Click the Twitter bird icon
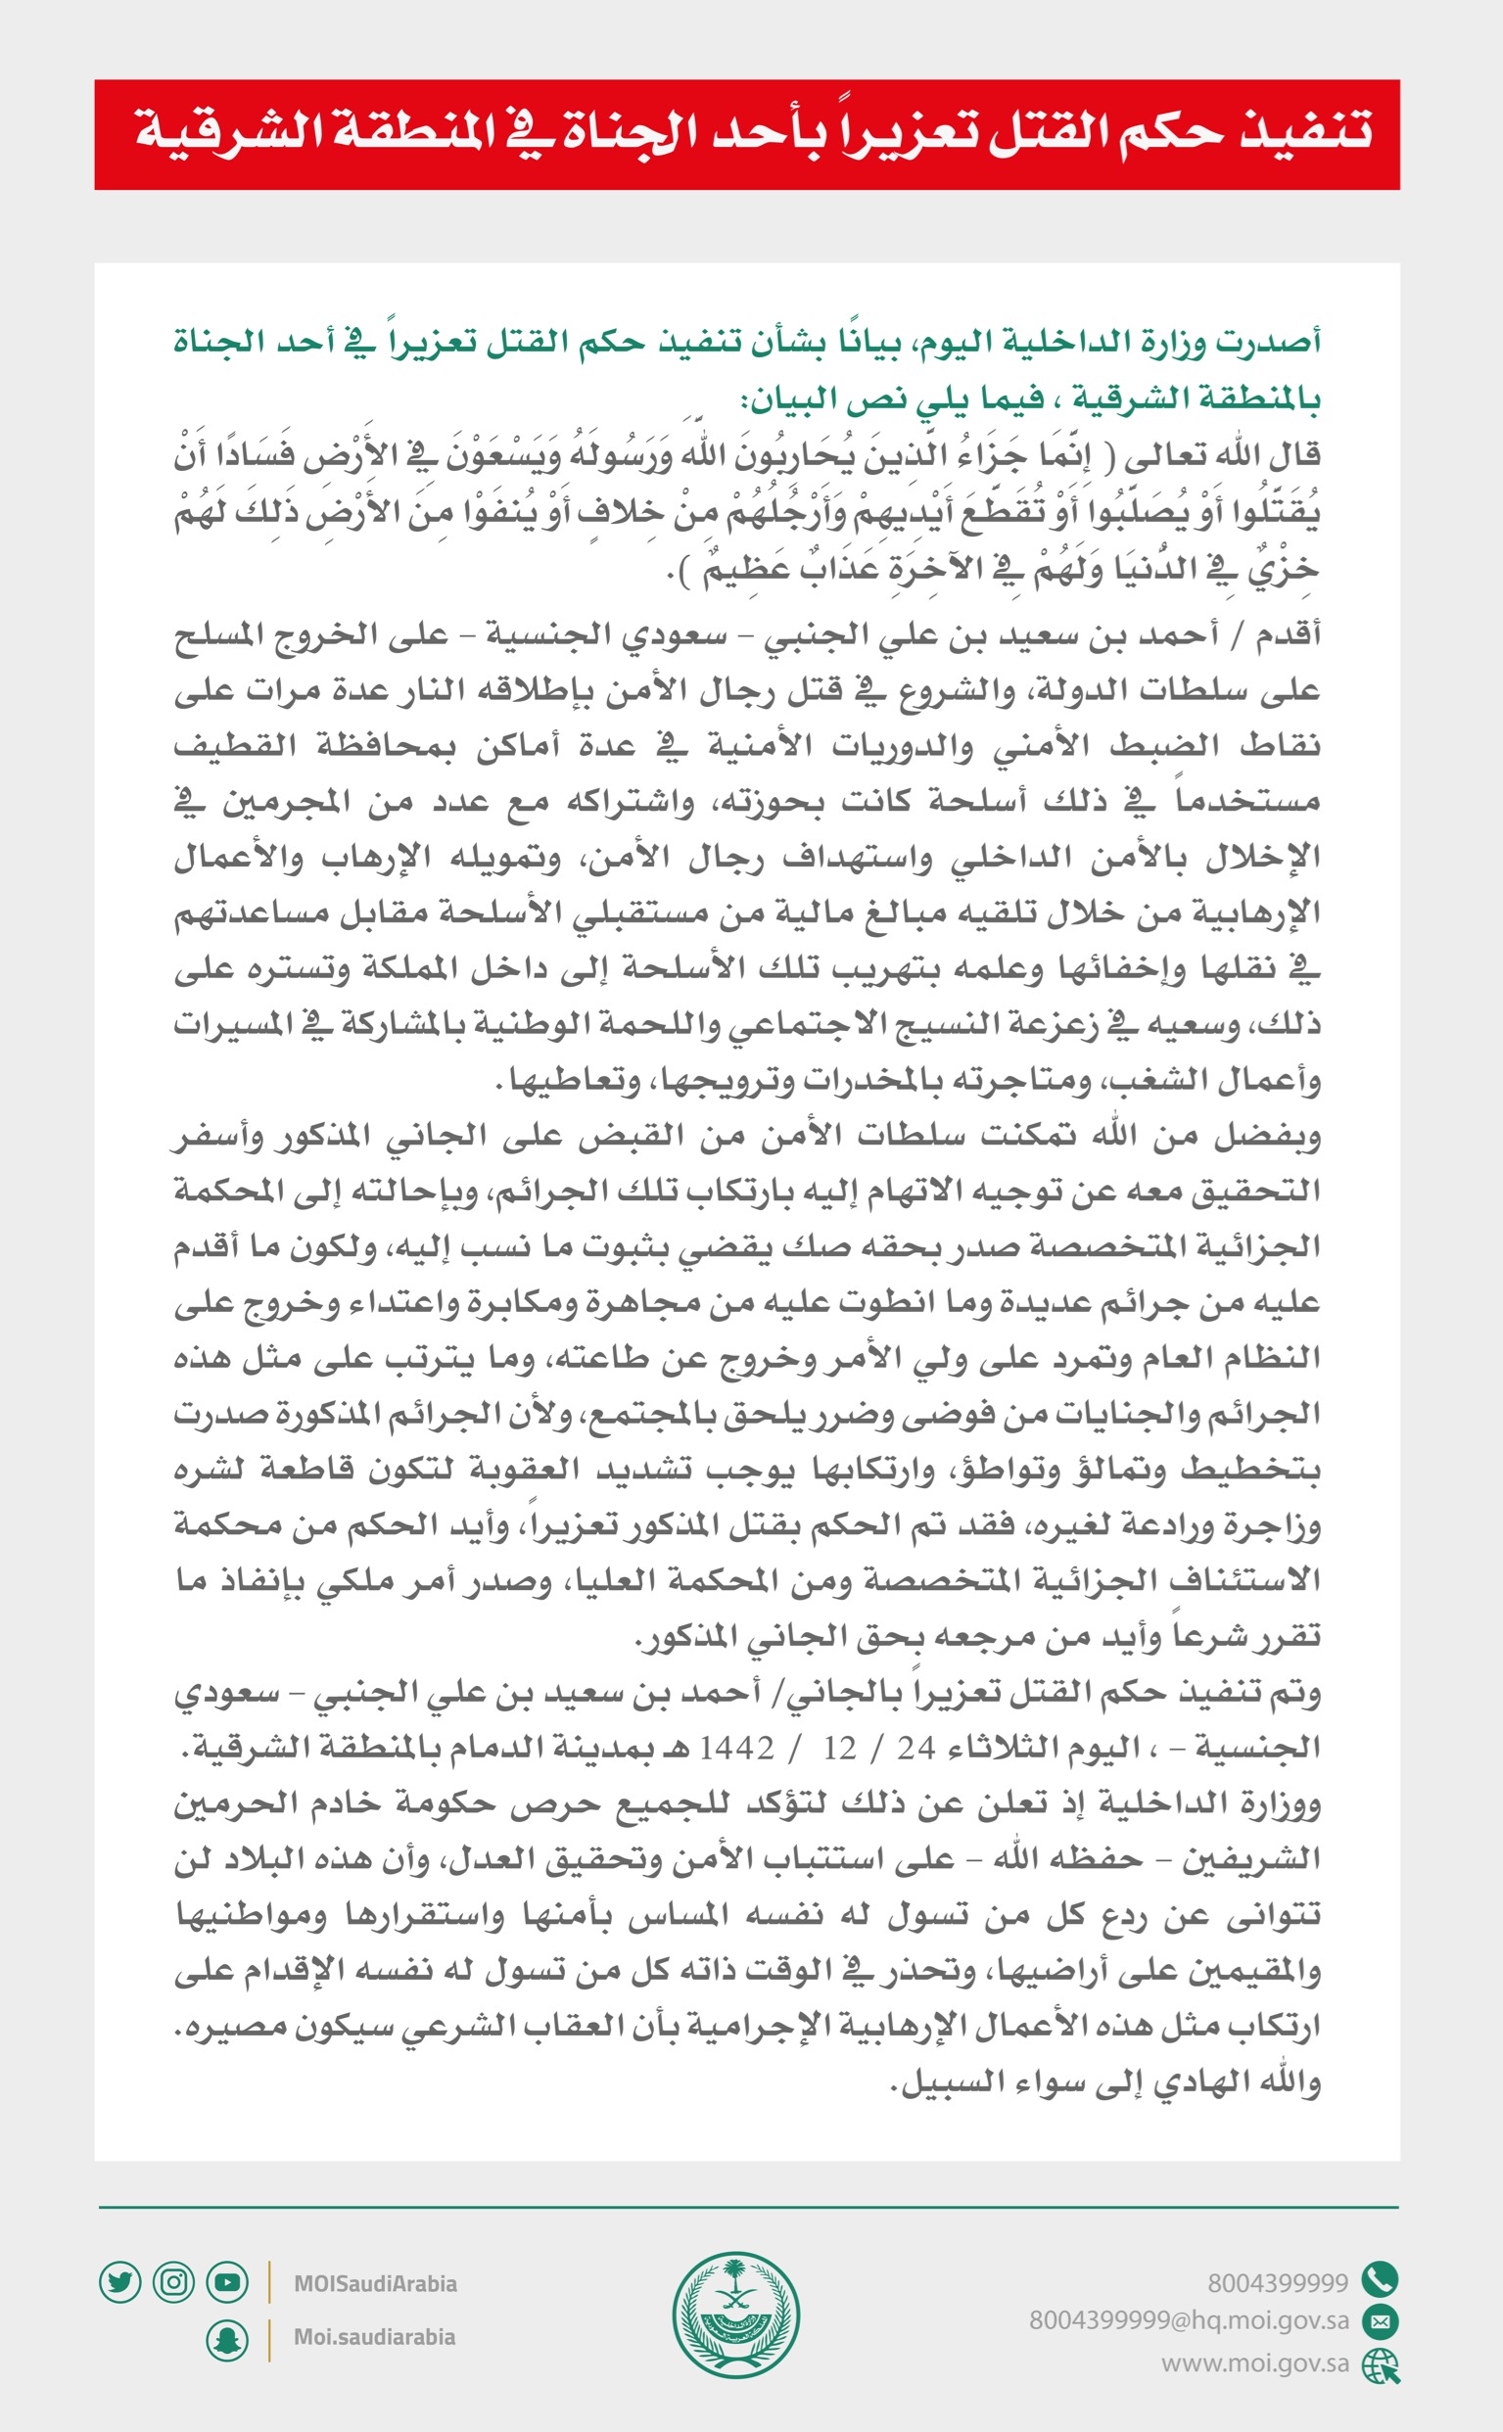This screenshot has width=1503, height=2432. click(120, 2281)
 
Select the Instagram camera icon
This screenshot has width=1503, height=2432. click(173, 2281)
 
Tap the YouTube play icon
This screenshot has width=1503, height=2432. click(226, 2281)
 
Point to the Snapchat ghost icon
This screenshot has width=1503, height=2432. click(226, 2341)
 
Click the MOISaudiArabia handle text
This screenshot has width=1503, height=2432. click(375, 2283)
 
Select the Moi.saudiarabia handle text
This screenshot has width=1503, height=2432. click(374, 2337)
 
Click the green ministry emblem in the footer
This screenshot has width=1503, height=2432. click(735, 2314)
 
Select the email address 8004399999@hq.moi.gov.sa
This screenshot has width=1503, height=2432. click(1189, 2320)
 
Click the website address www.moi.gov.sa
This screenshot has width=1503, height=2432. click(1254, 2362)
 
